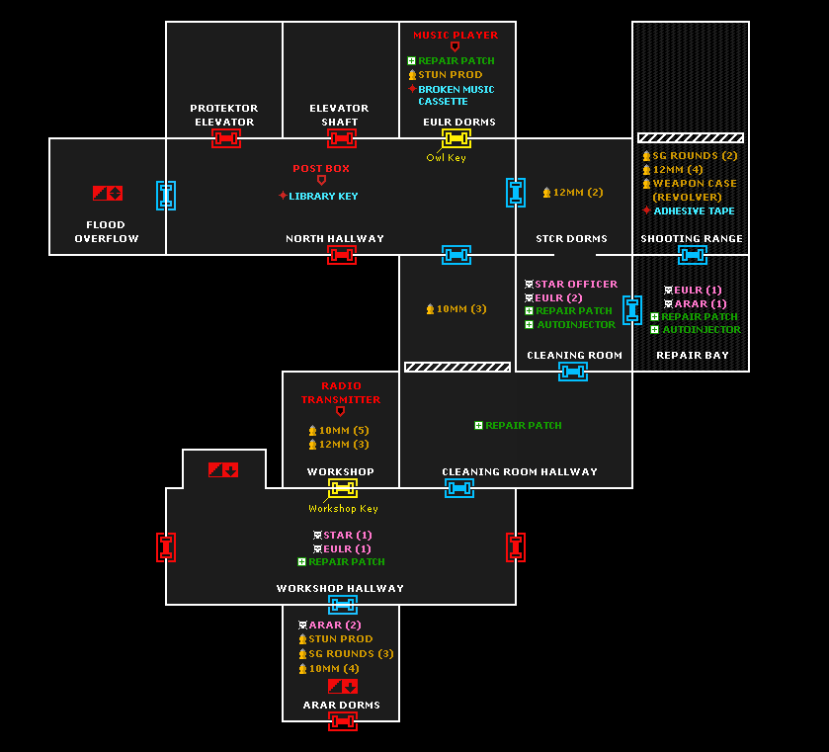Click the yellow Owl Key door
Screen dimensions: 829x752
coord(456,138)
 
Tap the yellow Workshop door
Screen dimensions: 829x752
coord(343,488)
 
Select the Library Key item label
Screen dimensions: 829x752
coord(323,197)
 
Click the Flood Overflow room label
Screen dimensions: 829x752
coord(107,231)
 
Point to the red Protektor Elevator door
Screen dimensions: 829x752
coord(226,138)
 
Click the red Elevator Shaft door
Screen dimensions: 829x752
coord(342,138)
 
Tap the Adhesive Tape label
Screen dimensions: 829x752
coord(695,211)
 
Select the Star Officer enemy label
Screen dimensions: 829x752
coord(576,284)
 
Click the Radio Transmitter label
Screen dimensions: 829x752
coord(341,393)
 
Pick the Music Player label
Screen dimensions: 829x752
coord(456,35)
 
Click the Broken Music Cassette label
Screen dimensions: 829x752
coord(456,95)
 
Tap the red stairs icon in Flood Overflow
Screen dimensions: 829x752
coord(108,193)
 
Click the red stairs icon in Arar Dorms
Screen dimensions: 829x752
coord(343,687)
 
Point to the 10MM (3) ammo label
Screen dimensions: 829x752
coord(461,309)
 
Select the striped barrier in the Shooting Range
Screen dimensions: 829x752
coord(691,138)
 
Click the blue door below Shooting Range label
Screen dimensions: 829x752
coord(693,255)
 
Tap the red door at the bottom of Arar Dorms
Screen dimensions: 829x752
coord(343,721)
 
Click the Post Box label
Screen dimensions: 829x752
coord(321,169)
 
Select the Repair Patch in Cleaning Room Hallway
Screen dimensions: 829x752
coord(524,425)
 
